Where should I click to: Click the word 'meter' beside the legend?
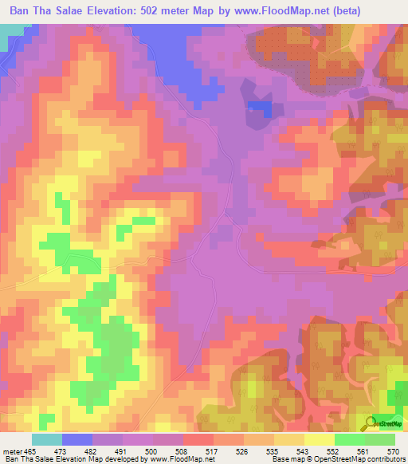click(14, 451)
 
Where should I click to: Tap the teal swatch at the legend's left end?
click(47, 439)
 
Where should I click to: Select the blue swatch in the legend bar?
click(77, 439)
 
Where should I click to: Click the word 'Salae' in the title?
click(65, 11)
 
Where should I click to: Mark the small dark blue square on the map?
click(258, 107)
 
